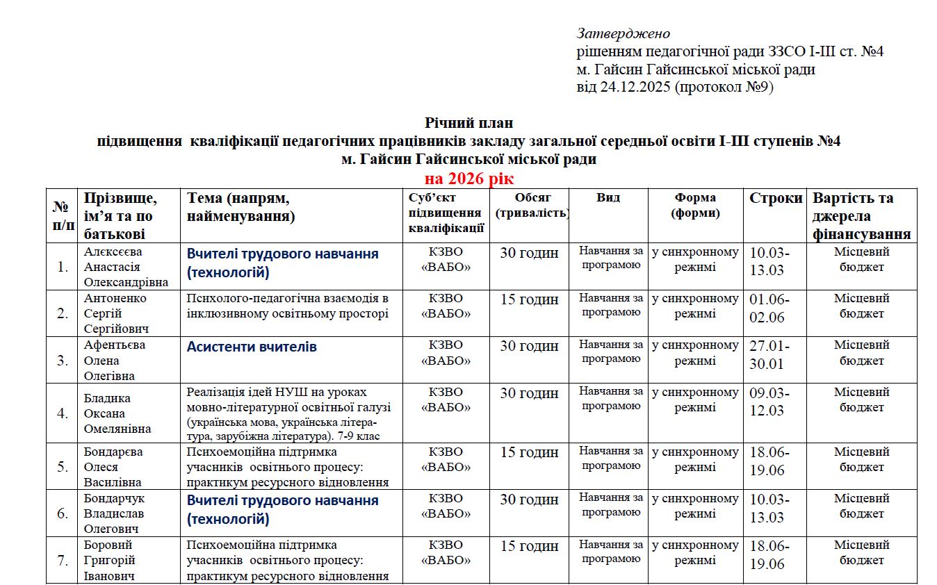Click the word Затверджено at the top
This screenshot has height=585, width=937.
(x=623, y=33)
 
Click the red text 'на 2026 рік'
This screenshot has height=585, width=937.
(x=469, y=179)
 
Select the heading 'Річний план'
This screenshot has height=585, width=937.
(x=469, y=123)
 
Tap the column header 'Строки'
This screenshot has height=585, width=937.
(x=776, y=198)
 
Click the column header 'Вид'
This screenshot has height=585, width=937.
(x=608, y=197)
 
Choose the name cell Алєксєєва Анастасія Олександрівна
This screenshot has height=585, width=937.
(x=126, y=267)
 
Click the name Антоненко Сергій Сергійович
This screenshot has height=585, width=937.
(x=117, y=313)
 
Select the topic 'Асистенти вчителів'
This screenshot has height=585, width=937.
(x=252, y=347)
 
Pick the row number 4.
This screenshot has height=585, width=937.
(x=63, y=413)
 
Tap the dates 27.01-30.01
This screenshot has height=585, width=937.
(x=769, y=354)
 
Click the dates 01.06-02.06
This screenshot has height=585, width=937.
(x=769, y=308)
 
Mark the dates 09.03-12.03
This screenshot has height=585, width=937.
(x=769, y=402)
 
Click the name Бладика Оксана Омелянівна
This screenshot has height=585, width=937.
(x=117, y=413)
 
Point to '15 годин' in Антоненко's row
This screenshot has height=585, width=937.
(x=529, y=299)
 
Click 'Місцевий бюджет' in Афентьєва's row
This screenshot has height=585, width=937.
(x=861, y=353)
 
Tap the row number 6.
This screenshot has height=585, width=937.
(x=63, y=513)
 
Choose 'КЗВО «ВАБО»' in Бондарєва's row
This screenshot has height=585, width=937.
(x=446, y=459)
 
